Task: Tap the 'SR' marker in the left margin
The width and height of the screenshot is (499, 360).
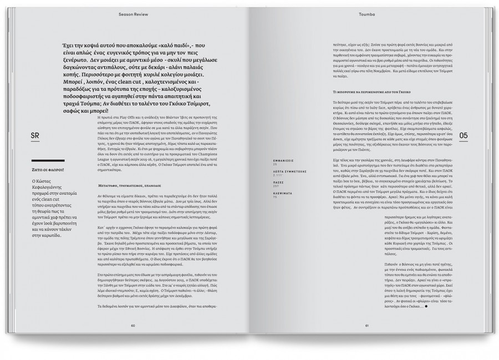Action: pos(34,134)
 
